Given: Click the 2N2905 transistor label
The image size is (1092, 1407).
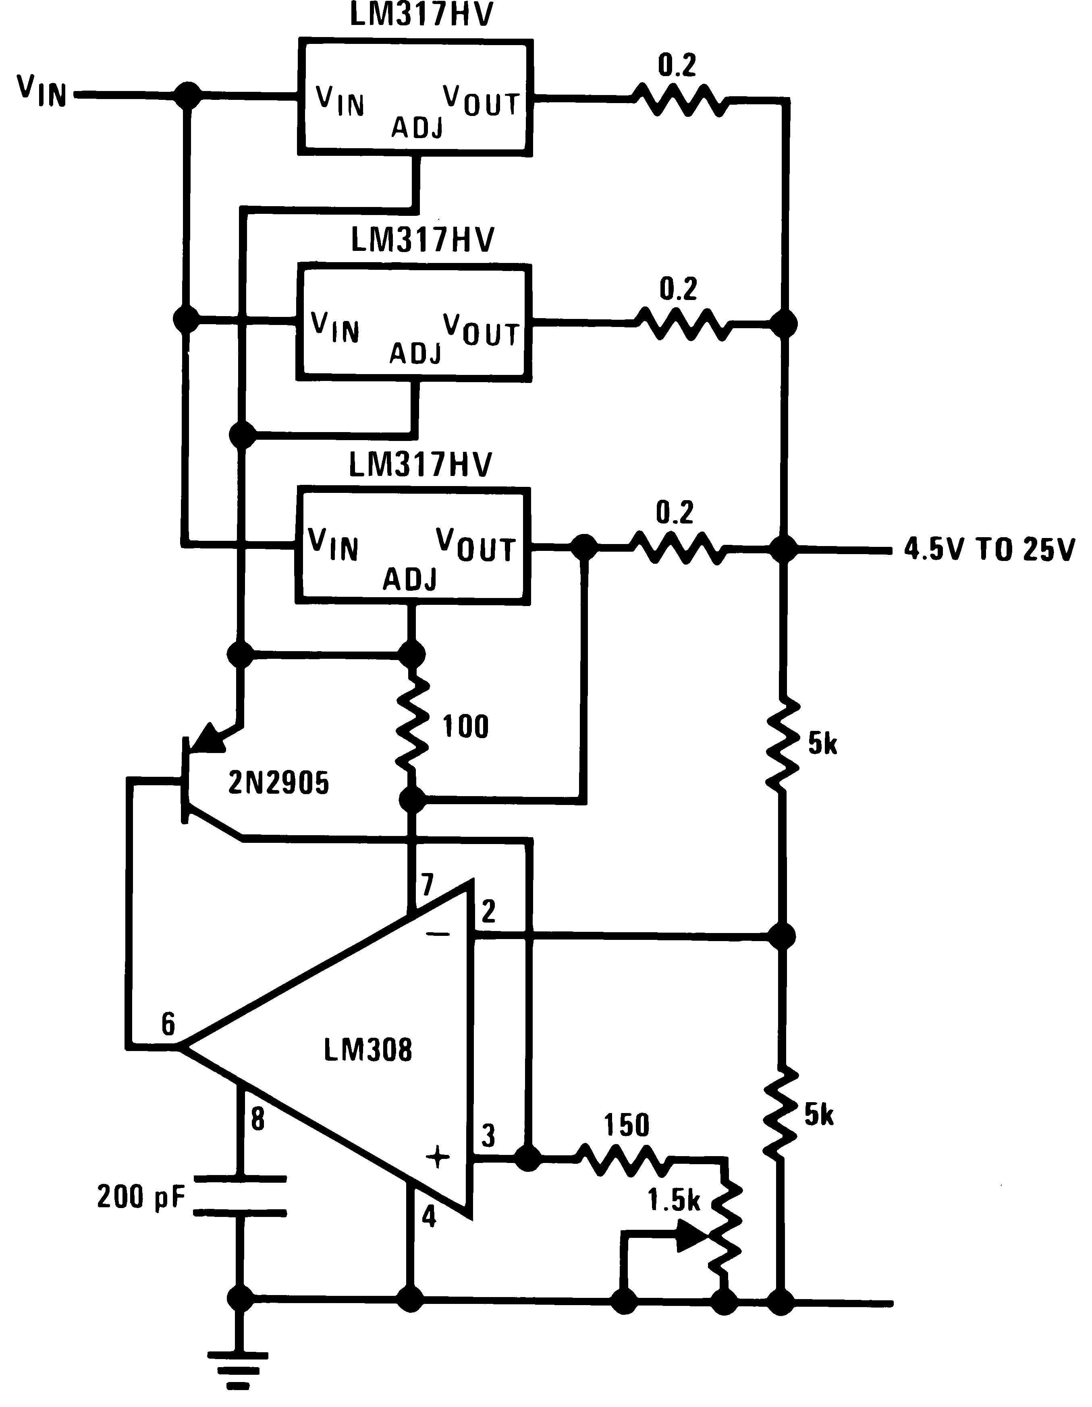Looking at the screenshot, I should [x=278, y=783].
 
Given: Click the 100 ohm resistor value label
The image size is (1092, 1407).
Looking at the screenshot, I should [x=465, y=727].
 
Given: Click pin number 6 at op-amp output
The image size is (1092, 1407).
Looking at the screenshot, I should [x=168, y=1024].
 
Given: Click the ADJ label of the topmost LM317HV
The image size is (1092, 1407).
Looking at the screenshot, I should [x=417, y=128].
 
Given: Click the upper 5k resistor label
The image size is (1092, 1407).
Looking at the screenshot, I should [x=822, y=744].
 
